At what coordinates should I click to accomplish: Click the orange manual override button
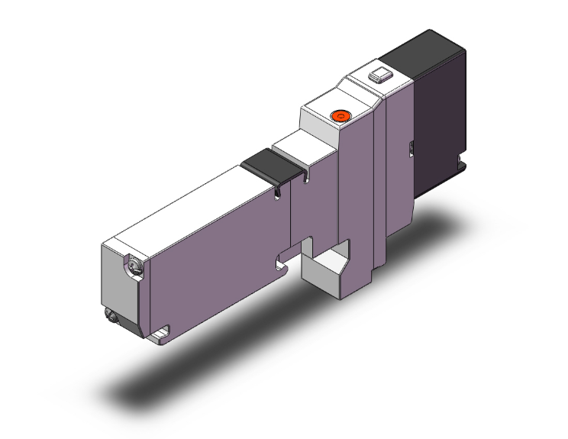coord(339,116)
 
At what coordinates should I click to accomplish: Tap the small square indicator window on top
coord(377,76)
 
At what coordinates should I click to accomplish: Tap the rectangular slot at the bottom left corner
coord(162,334)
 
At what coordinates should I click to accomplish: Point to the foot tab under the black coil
coord(460,162)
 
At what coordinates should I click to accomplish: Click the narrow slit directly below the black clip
coord(276,192)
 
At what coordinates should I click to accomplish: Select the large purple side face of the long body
coord(214,260)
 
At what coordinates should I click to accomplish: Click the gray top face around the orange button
coord(324,113)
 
